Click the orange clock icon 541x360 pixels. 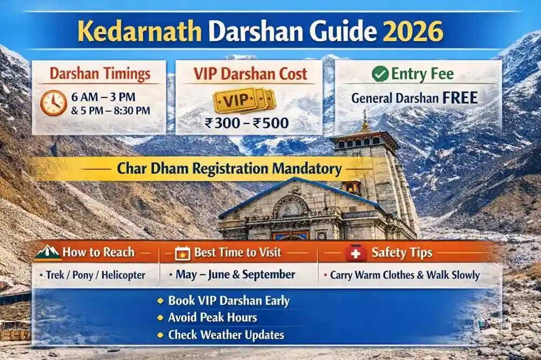click(x=54, y=103)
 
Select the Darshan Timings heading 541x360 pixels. click(x=99, y=74)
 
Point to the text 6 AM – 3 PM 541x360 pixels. click(x=104, y=98)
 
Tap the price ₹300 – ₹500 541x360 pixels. click(x=247, y=123)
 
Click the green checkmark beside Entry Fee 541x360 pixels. click(x=380, y=74)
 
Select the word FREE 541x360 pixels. click(x=458, y=98)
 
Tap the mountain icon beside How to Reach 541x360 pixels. click(x=48, y=252)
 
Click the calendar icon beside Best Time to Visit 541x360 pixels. click(x=183, y=253)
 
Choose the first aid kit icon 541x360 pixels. click(x=355, y=253)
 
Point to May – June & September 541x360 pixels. click(x=235, y=275)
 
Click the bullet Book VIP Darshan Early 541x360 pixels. click(x=229, y=301)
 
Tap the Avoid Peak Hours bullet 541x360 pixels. click(x=213, y=317)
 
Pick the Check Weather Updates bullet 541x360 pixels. click(x=226, y=335)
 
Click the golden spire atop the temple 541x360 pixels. click(x=365, y=122)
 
